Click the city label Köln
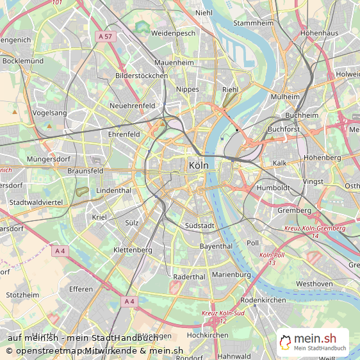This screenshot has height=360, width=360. tap(199, 165)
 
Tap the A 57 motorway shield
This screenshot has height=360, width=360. tap(106, 37)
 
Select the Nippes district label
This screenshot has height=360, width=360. tap(187, 90)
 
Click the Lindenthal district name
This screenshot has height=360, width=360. tap(113, 191)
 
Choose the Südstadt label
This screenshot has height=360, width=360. tap(199, 226)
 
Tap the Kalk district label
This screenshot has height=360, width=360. tap(280, 163)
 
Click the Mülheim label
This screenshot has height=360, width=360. tap(285, 97)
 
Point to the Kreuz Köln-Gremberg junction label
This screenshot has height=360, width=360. tap(314, 228)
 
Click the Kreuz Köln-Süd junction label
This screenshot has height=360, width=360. tap(223, 313)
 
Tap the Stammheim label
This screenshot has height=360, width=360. tap(254, 23)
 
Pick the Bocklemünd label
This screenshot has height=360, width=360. tap(23, 61)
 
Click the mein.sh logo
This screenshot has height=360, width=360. tap(313, 342)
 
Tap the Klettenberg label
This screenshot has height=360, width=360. tap(133, 249)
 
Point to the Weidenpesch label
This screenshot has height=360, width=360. tap(172, 33)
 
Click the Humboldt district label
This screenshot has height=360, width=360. tap(273, 188)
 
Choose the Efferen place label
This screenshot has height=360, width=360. tap(81, 290)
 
